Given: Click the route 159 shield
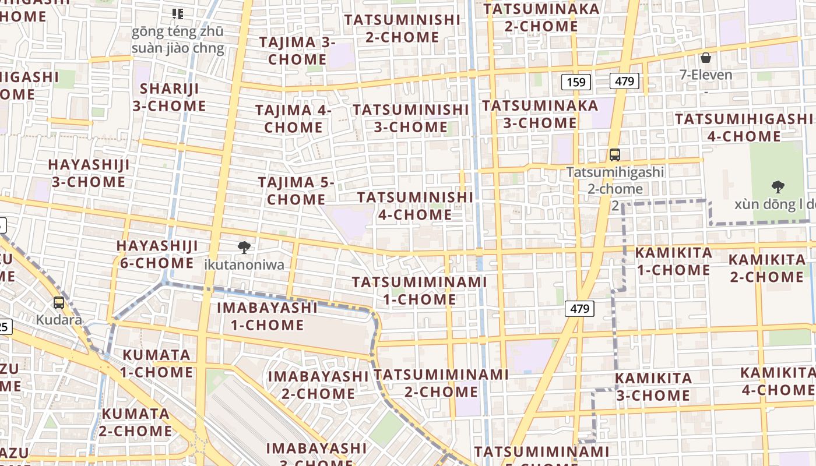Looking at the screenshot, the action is point(576,82).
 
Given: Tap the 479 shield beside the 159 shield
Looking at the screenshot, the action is point(624,81).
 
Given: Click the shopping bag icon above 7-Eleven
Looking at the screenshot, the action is point(706,58).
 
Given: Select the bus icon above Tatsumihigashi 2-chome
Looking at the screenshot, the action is point(614,155).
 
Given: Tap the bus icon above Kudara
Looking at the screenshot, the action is point(59,303).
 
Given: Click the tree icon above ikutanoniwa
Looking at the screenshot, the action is point(244,248).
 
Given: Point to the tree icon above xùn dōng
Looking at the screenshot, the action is point(778,187).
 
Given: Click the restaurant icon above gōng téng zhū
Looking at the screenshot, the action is point(178,13).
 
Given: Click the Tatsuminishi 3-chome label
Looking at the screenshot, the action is point(411,118).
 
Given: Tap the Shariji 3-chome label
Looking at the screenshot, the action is point(169,97).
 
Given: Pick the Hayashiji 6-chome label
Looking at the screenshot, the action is point(157,255).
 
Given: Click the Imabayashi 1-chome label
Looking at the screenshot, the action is point(267,316).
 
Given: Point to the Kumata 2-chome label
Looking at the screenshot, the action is point(136,423).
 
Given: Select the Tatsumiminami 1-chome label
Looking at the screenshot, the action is point(419,291).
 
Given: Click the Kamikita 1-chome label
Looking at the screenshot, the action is point(673,262).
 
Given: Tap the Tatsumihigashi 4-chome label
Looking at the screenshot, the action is point(743,128).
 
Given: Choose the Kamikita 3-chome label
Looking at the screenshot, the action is point(653,387).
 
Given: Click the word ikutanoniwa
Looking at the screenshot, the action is point(244,265).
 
